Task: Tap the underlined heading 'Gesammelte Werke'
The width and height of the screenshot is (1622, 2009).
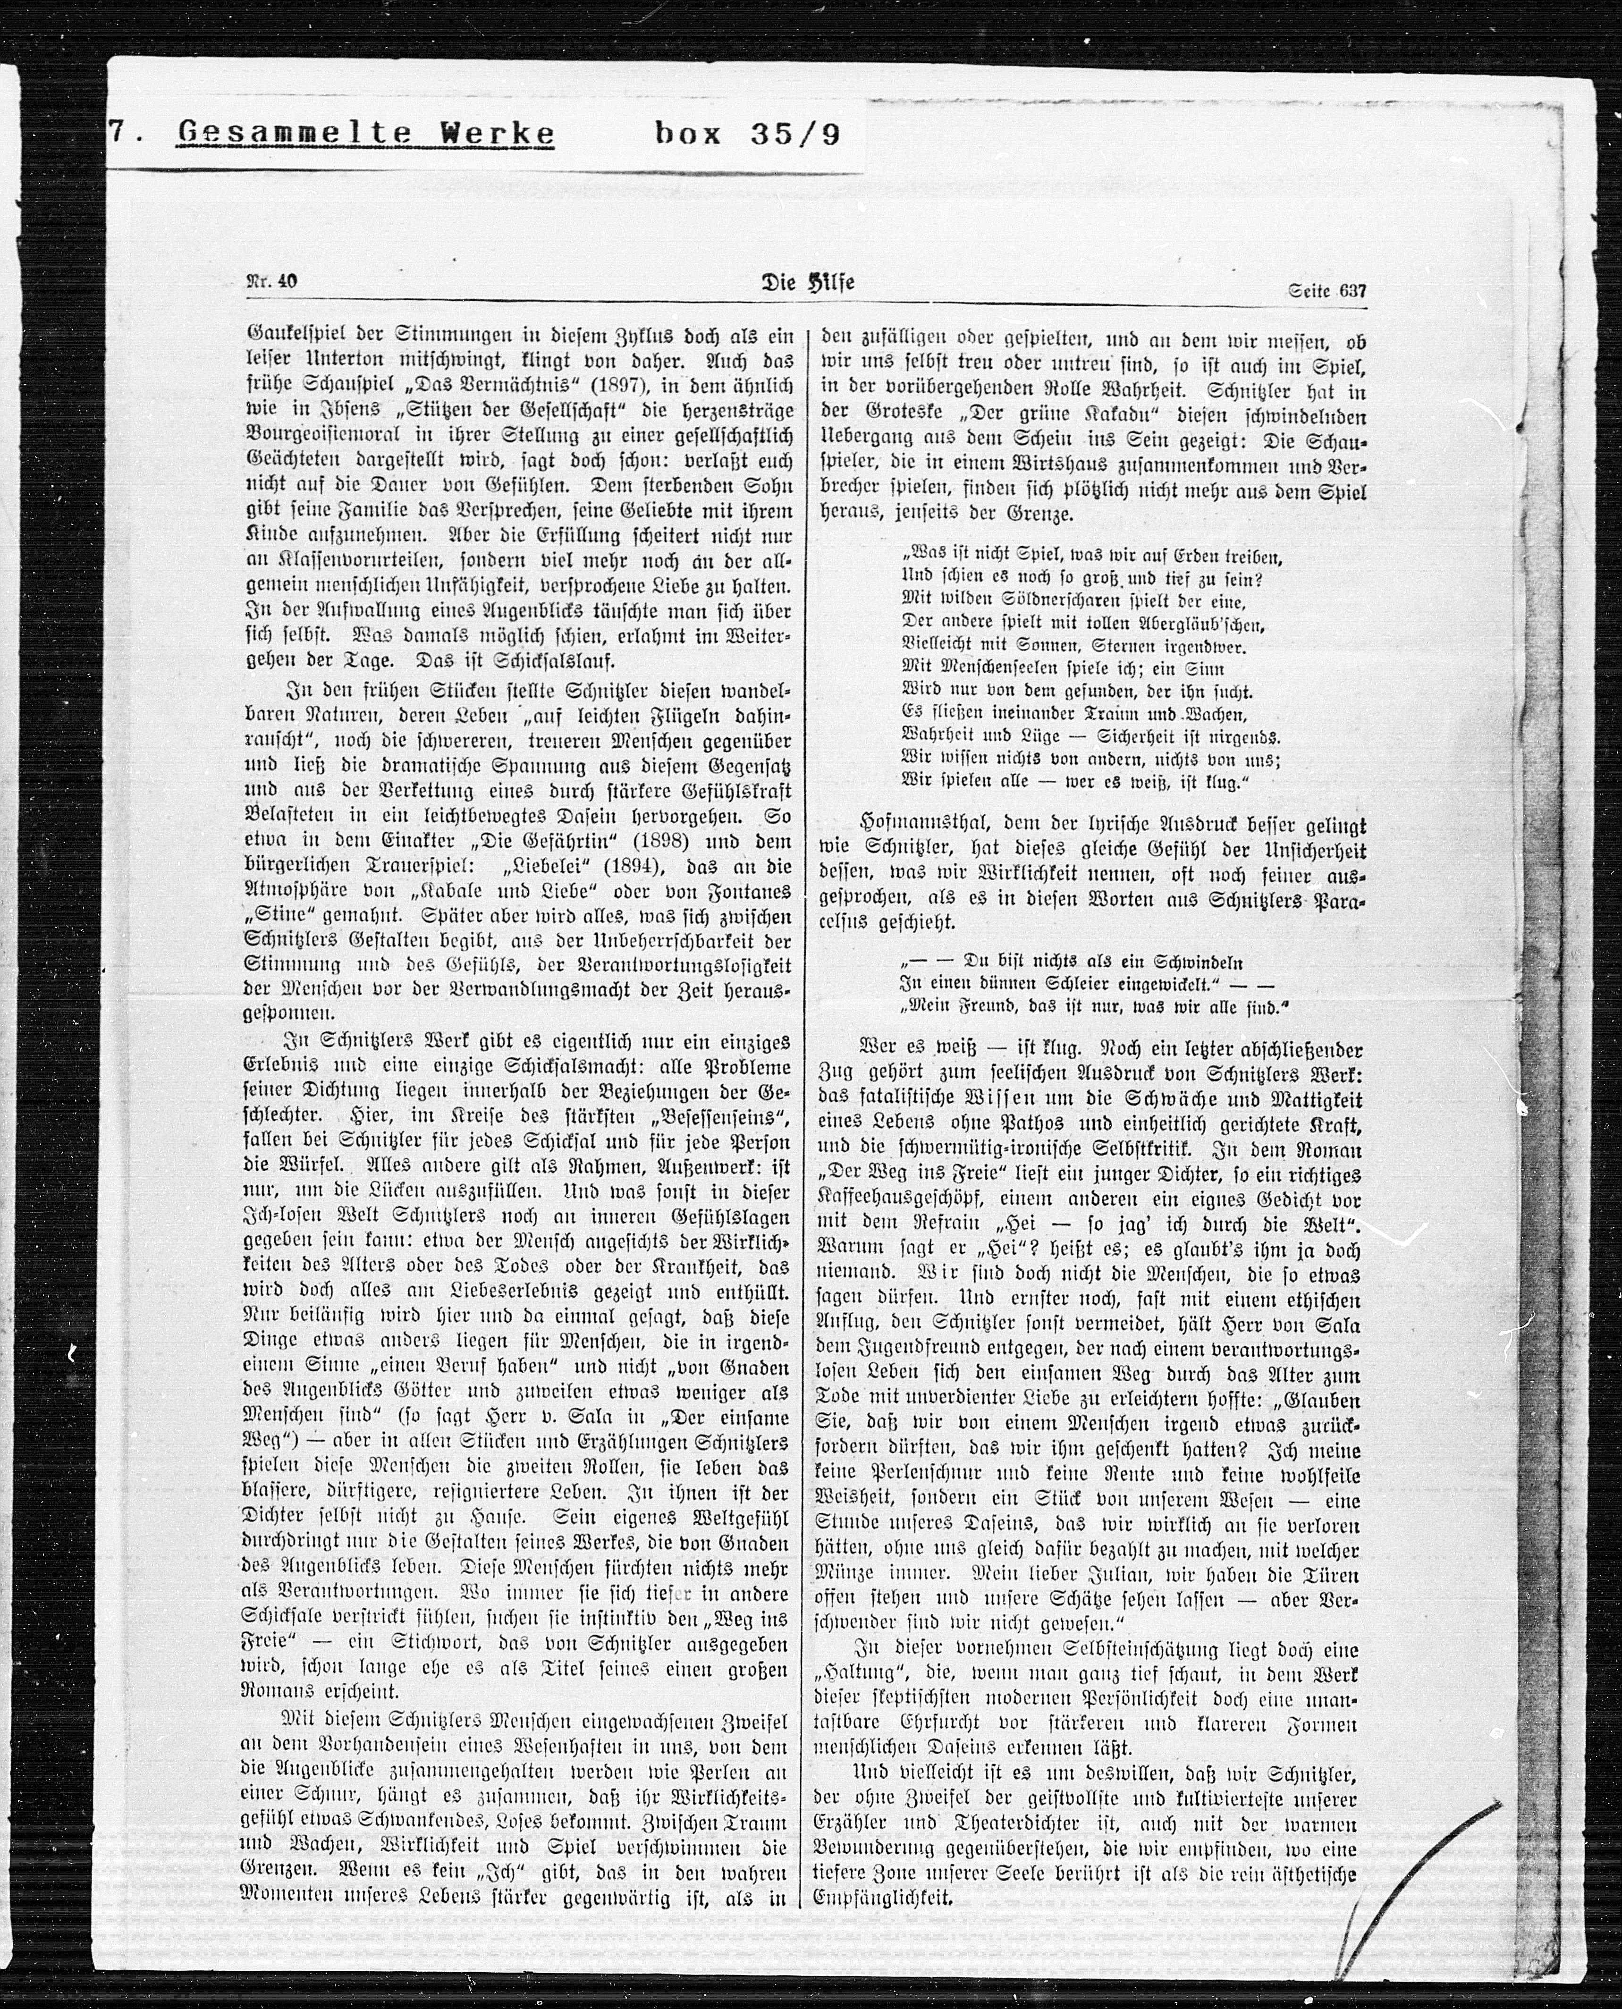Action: pyautogui.click(x=365, y=134)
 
